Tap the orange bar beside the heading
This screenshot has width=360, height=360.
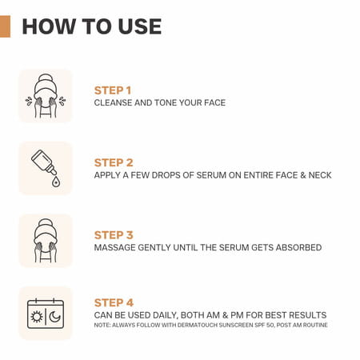pyautogui.click(x=6, y=26)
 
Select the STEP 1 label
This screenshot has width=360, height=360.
pyautogui.click(x=113, y=90)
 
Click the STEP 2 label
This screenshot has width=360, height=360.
pyautogui.click(x=113, y=162)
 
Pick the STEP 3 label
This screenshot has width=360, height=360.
pyautogui.click(x=113, y=234)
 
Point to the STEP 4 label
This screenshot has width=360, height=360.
pyautogui.click(x=113, y=302)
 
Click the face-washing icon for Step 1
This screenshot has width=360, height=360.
pyautogui.click(x=45, y=96)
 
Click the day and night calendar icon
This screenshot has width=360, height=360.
pyautogui.click(x=45, y=313)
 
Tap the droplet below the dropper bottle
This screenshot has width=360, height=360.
pyautogui.click(x=54, y=182)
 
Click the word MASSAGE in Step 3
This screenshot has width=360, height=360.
pyautogui.click(x=117, y=248)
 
